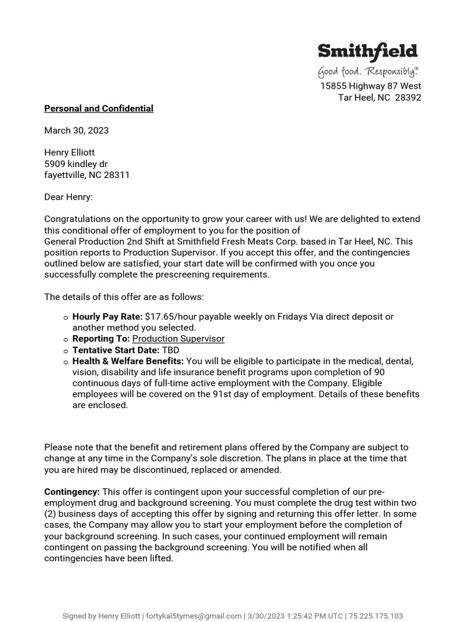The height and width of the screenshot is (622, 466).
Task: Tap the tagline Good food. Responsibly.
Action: [368, 72]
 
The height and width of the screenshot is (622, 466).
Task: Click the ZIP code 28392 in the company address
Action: [408, 98]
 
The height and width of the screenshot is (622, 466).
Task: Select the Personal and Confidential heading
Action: [99, 109]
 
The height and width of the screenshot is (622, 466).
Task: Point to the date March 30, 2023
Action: [76, 131]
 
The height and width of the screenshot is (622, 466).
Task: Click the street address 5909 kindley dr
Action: [76, 164]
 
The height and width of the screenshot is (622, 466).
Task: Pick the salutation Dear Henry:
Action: [69, 197]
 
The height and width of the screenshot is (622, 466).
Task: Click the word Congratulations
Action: [78, 219]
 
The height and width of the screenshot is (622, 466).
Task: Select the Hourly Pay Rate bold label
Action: [107, 316]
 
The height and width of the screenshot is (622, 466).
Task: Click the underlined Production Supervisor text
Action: [178, 339]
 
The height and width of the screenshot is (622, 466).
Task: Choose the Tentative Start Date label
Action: [116, 350]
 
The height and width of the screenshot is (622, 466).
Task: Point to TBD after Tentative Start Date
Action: [171, 350]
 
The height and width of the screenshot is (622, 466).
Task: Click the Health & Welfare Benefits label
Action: [128, 361]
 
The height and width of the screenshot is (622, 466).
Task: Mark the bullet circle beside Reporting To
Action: [65, 340]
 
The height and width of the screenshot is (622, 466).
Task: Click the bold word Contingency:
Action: [72, 492]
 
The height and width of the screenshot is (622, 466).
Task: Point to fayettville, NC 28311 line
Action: [87, 175]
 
